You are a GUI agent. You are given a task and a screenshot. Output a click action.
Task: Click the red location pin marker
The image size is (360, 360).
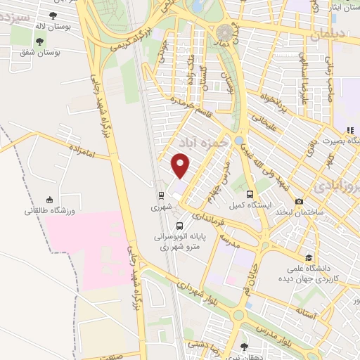point(181,166)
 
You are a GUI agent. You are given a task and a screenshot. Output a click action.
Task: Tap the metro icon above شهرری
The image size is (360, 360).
point(161,195)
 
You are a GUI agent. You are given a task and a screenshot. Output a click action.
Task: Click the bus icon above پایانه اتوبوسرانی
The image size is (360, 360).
point(180,226)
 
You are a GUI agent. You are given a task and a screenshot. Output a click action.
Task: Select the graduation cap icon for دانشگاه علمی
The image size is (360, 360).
point(309,257)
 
